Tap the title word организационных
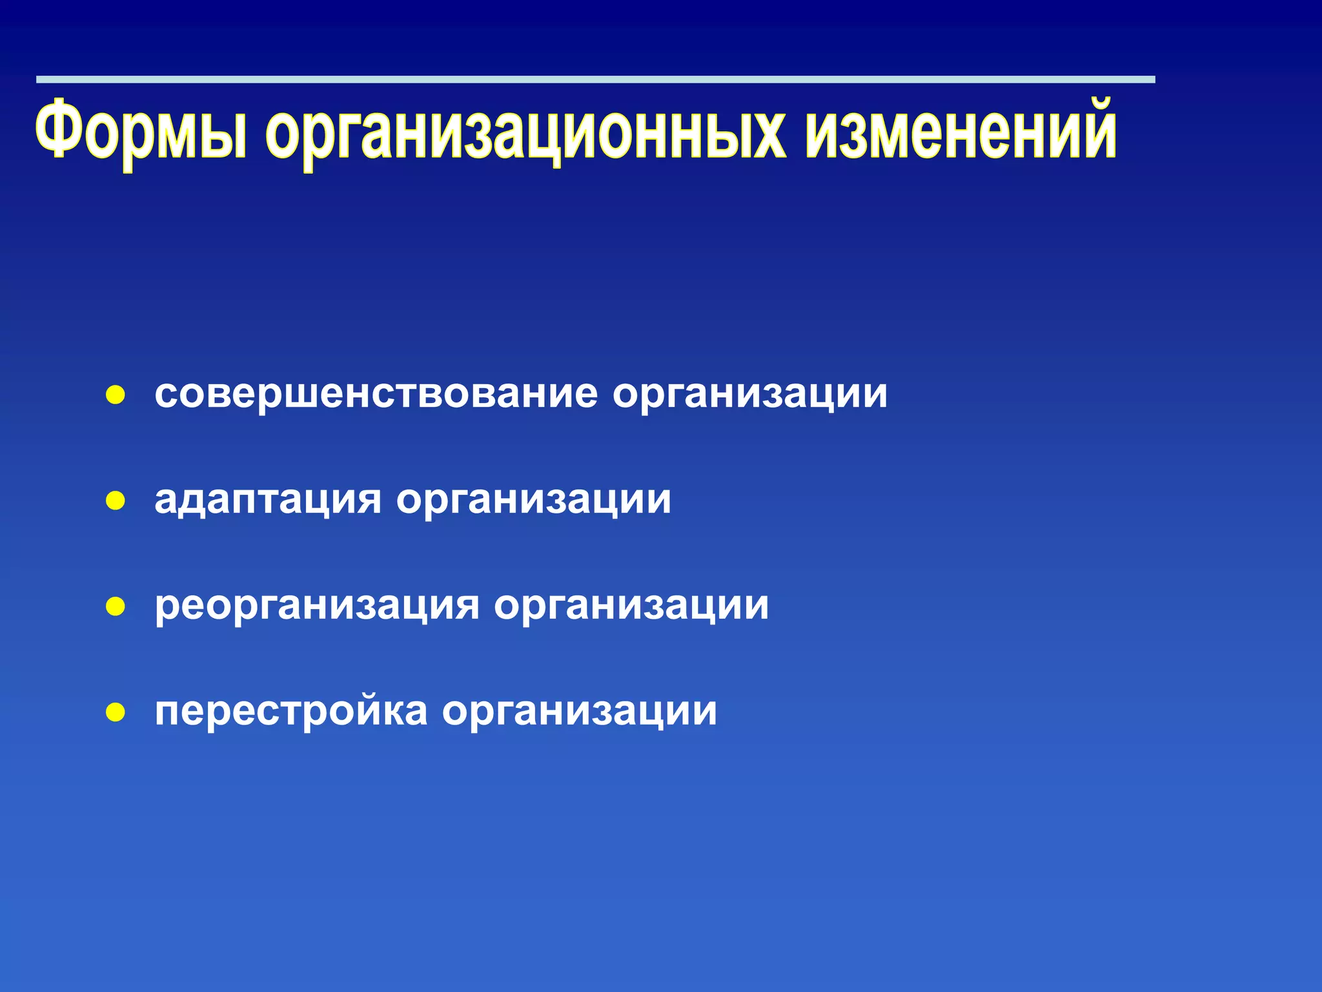525,132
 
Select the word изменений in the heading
961,129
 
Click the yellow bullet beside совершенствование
116,395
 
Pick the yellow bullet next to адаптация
116,501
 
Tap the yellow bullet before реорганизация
116,607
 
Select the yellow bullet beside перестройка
116,713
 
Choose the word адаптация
268,500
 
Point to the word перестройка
291,712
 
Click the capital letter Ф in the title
62,128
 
